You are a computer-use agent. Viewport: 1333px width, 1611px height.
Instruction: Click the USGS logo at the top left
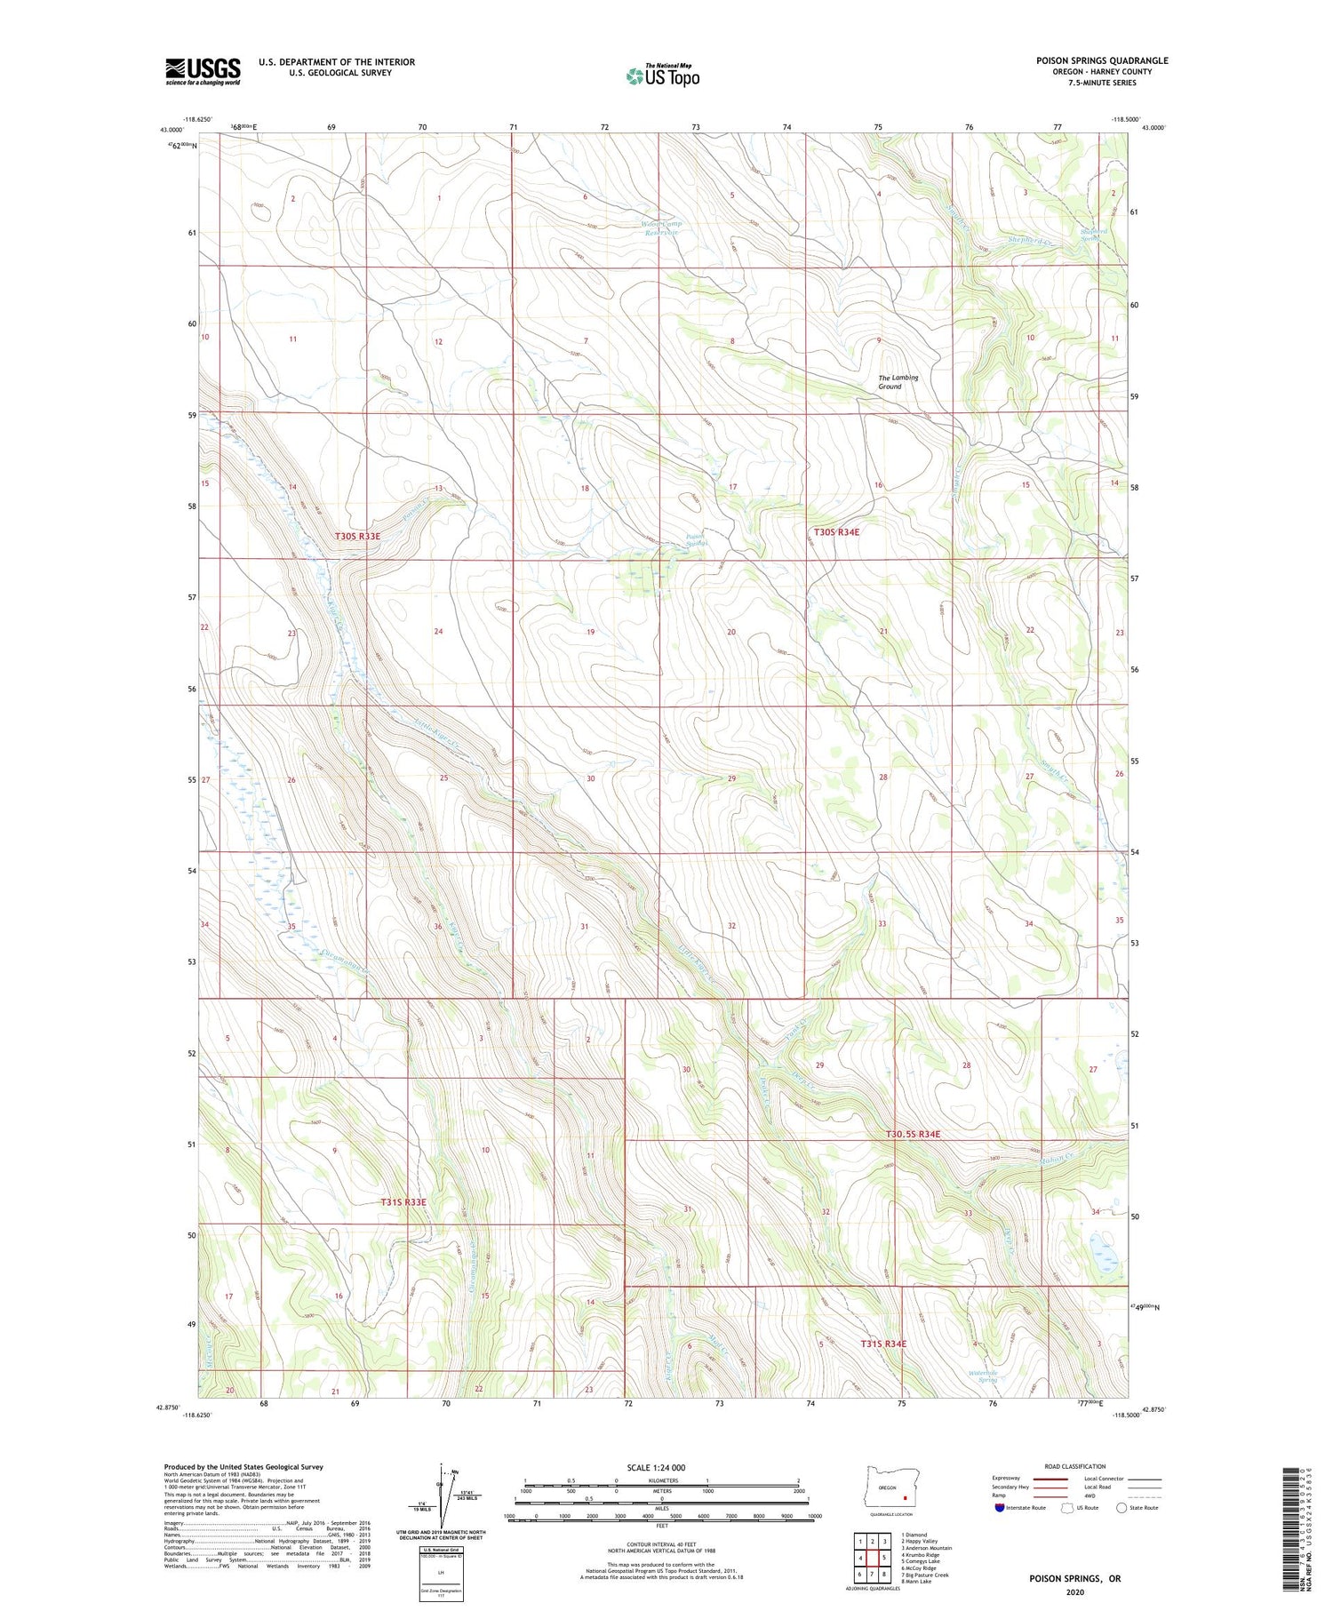203,71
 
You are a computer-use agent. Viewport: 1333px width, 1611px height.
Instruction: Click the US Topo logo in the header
662,76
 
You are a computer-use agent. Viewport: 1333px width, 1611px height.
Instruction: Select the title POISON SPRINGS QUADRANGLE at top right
1101,60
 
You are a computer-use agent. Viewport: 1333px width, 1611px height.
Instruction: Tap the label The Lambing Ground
898,382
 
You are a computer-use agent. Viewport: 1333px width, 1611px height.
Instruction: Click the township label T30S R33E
358,536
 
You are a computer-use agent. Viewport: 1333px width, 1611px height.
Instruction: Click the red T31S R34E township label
883,1344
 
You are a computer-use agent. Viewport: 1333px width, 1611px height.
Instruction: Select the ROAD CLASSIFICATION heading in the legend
1075,1466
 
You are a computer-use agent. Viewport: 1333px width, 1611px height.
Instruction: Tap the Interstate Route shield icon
1000,1508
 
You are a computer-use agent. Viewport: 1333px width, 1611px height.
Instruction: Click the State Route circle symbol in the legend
1121,1508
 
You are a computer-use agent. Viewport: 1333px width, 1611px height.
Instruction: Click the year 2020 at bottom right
1075,1591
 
